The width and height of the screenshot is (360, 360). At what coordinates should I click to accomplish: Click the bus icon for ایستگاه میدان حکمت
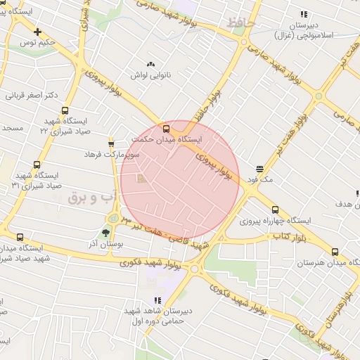click(167, 129)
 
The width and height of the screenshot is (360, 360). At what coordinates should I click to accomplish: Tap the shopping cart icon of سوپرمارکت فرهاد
click(110, 143)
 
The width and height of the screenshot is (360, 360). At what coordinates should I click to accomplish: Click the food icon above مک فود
click(260, 169)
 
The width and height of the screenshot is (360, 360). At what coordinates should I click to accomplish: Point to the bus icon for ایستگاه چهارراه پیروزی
click(275, 210)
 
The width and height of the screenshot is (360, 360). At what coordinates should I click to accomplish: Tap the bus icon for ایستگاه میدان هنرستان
click(334, 251)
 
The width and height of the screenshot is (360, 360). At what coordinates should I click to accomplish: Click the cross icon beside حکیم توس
click(37, 32)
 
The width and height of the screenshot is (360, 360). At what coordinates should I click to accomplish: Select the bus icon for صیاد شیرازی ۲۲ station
click(65, 110)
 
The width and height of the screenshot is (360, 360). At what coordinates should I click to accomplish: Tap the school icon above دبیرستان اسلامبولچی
click(304, 13)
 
